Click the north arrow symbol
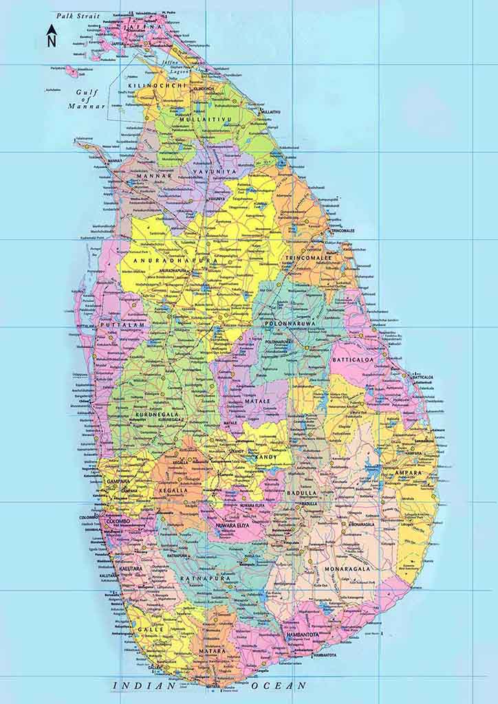[x=52, y=36]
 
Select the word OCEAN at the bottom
[x=279, y=685]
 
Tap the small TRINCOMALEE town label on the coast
[x=342, y=231]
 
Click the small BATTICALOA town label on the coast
[x=422, y=377]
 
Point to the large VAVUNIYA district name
[x=214, y=170]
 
